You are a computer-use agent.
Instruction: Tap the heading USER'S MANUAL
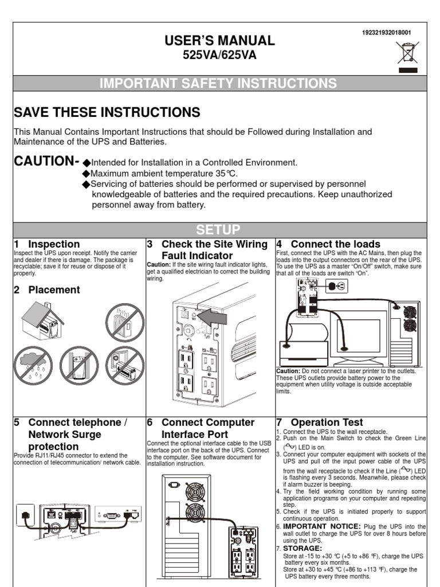pos(220,41)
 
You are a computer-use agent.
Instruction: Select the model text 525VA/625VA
pos(220,55)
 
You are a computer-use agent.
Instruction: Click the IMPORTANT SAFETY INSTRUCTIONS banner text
pos(218,84)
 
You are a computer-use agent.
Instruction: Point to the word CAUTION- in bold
pos(46,161)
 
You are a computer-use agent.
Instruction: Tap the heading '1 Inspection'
pos(47,244)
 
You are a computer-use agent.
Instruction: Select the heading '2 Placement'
pos(47,289)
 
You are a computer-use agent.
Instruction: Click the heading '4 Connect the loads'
pos(328,244)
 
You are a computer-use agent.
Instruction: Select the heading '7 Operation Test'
pos(320,422)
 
